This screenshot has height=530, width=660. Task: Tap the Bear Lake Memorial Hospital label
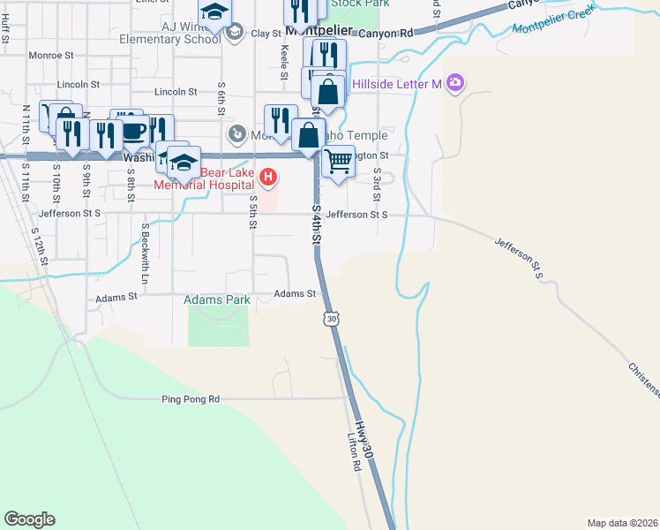pyautogui.click(x=209, y=178)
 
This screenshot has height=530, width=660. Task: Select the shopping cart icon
pyautogui.click(x=338, y=161)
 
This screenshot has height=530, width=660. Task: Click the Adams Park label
pyautogui.click(x=217, y=300)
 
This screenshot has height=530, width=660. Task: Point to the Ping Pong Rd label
pyautogui.click(x=190, y=399)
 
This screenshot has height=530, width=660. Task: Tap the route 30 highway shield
pyautogui.click(x=331, y=318)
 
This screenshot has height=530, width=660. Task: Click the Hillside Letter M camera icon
pyautogui.click(x=455, y=84)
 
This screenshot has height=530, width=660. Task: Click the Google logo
pyautogui.click(x=29, y=519)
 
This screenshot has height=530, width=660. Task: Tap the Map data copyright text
pyautogui.click(x=622, y=523)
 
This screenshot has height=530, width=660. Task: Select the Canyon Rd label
pyautogui.click(x=386, y=34)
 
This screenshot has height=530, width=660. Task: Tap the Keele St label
pyautogui.click(x=285, y=63)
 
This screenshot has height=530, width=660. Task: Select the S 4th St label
pyautogui.click(x=316, y=225)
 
